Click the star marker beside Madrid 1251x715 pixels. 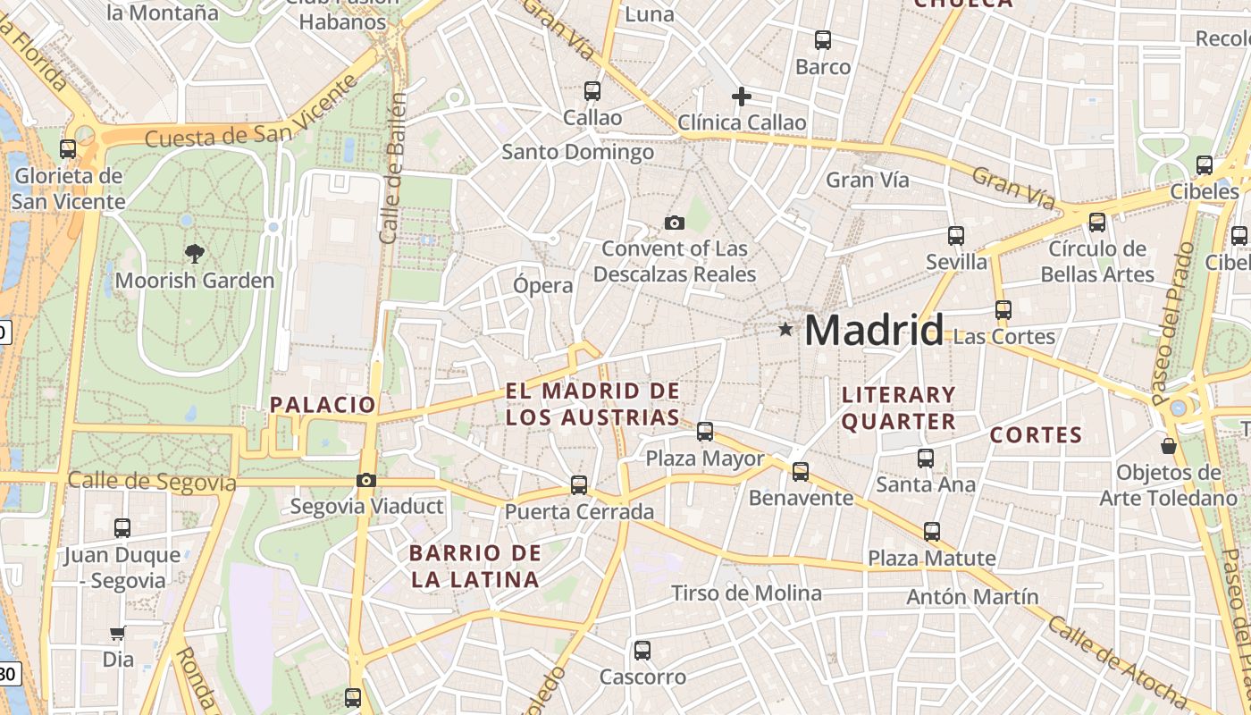(x=785, y=330)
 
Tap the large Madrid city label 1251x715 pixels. (x=874, y=331)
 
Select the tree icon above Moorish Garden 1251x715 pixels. (x=194, y=254)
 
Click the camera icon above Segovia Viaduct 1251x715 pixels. (x=365, y=481)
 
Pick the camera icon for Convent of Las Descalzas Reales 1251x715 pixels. (x=675, y=223)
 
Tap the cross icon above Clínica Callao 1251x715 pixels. (x=741, y=97)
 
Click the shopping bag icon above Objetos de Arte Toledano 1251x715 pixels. (x=1168, y=445)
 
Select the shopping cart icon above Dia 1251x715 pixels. (x=117, y=634)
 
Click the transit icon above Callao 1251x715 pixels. (x=592, y=91)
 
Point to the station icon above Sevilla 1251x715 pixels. (x=956, y=236)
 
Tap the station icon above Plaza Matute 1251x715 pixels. (x=932, y=532)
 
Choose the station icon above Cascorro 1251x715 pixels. (x=642, y=651)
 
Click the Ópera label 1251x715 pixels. (x=543, y=286)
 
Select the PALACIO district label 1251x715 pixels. (x=323, y=405)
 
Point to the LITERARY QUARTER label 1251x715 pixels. (x=899, y=408)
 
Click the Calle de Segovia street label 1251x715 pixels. (x=152, y=482)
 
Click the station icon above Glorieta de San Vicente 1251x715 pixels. (x=68, y=149)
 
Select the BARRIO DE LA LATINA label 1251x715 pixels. (x=474, y=566)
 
